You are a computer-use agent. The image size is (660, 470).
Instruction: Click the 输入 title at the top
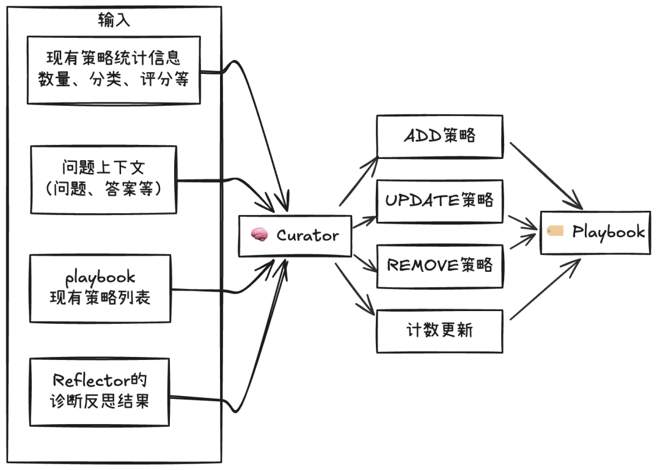tap(114, 21)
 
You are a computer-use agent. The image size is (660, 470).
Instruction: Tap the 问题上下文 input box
tap(103, 180)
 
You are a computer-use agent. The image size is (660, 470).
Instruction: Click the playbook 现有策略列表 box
tap(100, 288)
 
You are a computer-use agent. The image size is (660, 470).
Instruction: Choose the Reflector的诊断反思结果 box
tap(100, 392)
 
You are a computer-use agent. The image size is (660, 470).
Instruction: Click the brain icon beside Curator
tap(259, 235)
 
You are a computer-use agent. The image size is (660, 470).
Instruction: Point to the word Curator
tap(307, 235)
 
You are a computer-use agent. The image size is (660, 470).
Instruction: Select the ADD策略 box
tap(439, 136)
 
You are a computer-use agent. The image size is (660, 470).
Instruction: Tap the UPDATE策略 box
tap(439, 200)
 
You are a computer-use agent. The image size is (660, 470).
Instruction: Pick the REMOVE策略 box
tap(439, 266)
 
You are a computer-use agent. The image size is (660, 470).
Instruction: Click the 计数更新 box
tap(439, 331)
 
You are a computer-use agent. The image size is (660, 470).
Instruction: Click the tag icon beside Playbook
tap(555, 231)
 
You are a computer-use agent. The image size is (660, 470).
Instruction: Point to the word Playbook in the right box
tap(608, 232)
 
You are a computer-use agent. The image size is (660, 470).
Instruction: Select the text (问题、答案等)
tap(103, 190)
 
